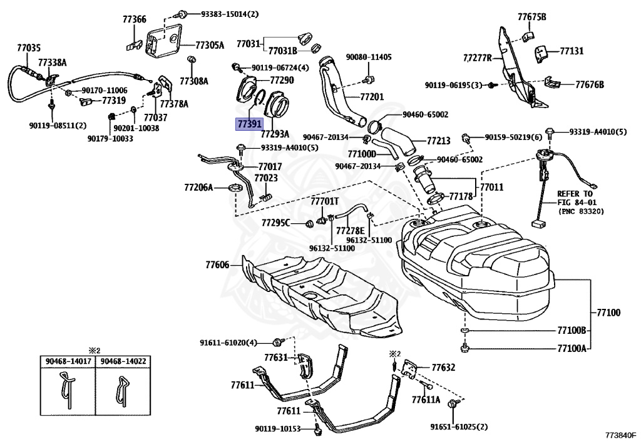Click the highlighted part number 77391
pos(248,124)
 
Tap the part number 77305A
pos(210,45)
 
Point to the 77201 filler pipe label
pos(372,98)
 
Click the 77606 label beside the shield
pos(218,264)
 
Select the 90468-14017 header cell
pos(68,360)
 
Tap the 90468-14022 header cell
pos(123,360)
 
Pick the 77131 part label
pos(572,52)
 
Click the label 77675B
pos(531,17)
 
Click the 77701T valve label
pos(325,201)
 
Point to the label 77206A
pos(198,187)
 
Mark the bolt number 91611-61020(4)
pos(228,342)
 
